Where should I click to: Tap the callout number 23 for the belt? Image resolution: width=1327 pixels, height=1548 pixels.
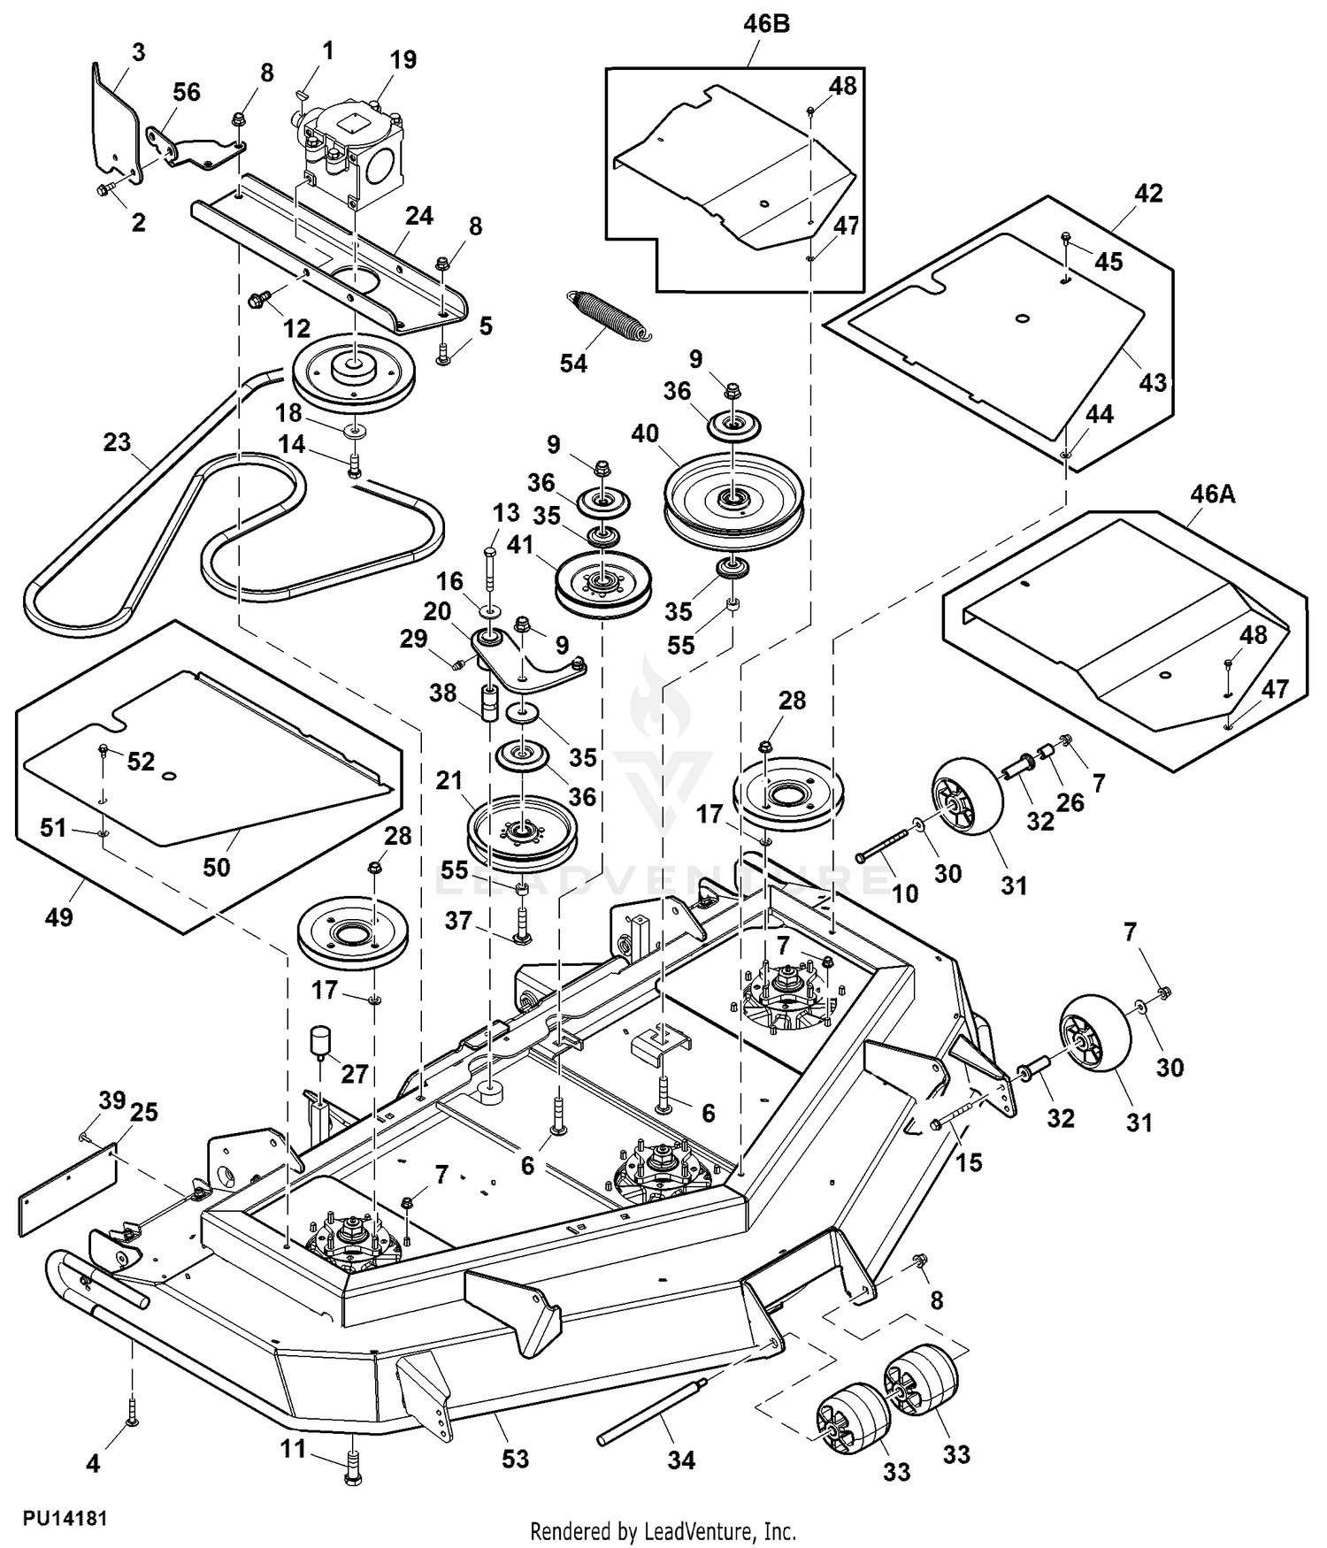(117, 442)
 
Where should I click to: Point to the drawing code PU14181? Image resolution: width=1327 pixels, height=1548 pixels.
(65, 1518)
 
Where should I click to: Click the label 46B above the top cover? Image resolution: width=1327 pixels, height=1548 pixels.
(766, 24)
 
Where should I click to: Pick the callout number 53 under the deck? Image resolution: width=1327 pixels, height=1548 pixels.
(515, 1458)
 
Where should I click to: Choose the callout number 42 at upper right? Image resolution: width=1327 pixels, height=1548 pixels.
(1148, 193)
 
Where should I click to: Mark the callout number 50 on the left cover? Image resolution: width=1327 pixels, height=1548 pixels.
(217, 867)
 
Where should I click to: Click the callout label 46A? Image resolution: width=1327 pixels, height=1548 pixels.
(1212, 494)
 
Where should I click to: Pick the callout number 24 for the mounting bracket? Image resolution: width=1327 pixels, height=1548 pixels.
(419, 216)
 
